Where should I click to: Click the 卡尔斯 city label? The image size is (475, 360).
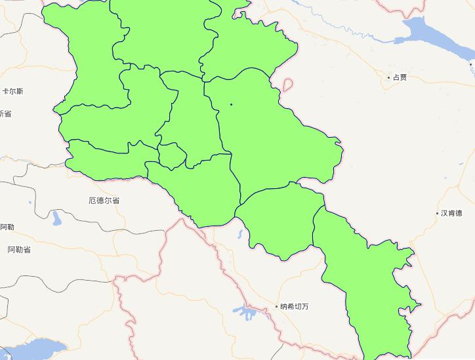pyautogui.click(x=12, y=91)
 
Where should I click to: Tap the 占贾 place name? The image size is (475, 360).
pyautogui.click(x=400, y=77)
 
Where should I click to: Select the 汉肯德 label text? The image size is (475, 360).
pyautogui.click(x=451, y=213)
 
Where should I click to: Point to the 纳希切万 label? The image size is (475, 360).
pyautogui.click(x=294, y=306)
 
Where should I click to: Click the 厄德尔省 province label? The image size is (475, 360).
pyautogui.click(x=104, y=200)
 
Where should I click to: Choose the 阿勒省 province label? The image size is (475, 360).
pyautogui.click(x=19, y=250)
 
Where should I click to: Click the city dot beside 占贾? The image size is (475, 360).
pyautogui.click(x=388, y=77)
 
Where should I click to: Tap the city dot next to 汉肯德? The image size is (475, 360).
pyautogui.click(x=438, y=213)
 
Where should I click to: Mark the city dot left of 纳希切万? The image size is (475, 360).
pyautogui.click(x=276, y=306)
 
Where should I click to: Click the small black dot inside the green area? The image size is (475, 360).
pyautogui.click(x=231, y=104)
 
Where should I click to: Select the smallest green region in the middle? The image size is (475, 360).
pyautogui.click(x=173, y=156)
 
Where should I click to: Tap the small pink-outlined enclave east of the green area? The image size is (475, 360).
pyautogui.click(x=287, y=85)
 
